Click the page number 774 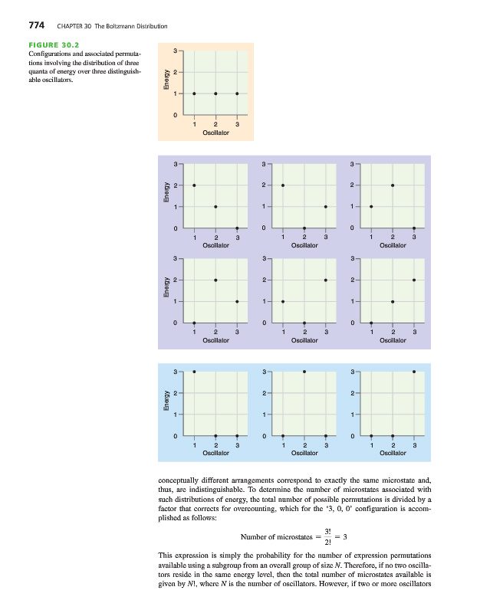pyautogui.click(x=38, y=25)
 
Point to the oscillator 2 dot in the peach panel pyautogui.click(x=215, y=93)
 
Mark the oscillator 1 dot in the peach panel pyautogui.click(x=194, y=93)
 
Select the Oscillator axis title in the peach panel pyautogui.click(x=215, y=133)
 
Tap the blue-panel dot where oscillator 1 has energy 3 pyautogui.click(x=194, y=372)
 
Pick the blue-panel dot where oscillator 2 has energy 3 pyautogui.click(x=304, y=372)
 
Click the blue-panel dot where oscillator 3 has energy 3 pyautogui.click(x=415, y=372)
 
